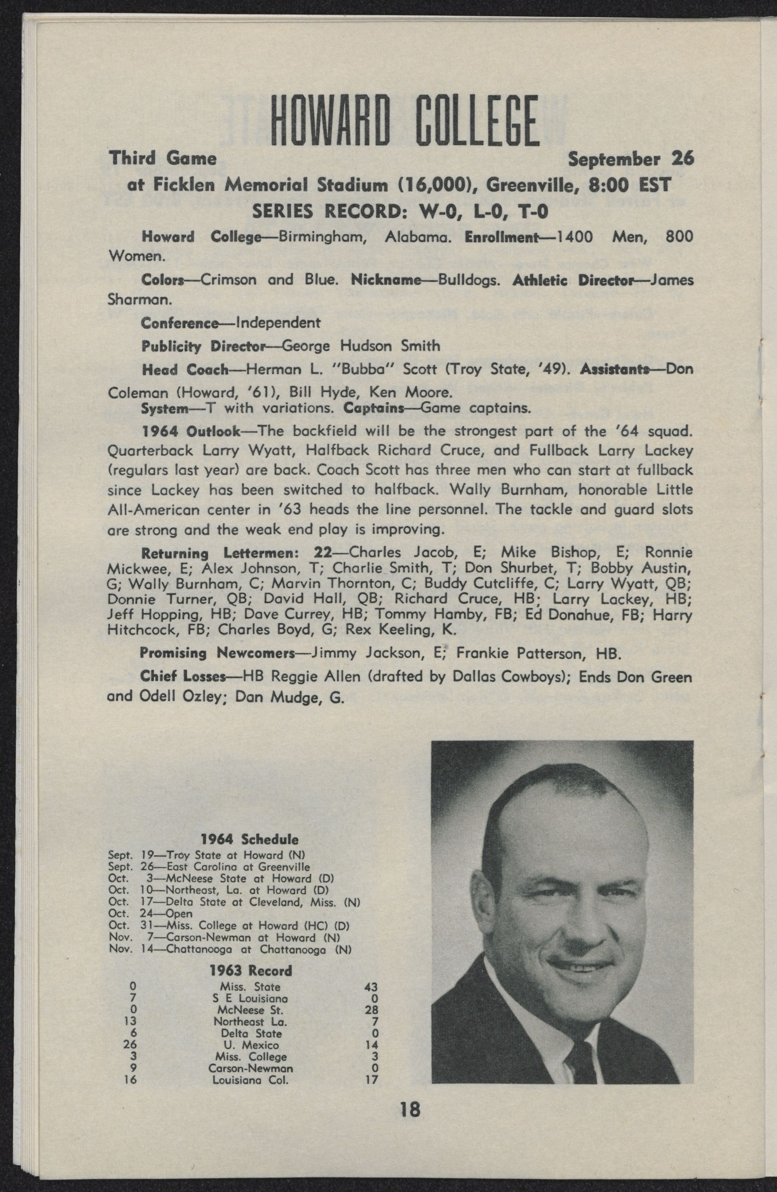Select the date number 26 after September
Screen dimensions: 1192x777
point(682,159)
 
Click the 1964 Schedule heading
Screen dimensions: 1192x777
point(249,839)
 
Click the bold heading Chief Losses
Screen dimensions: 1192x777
point(182,677)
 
